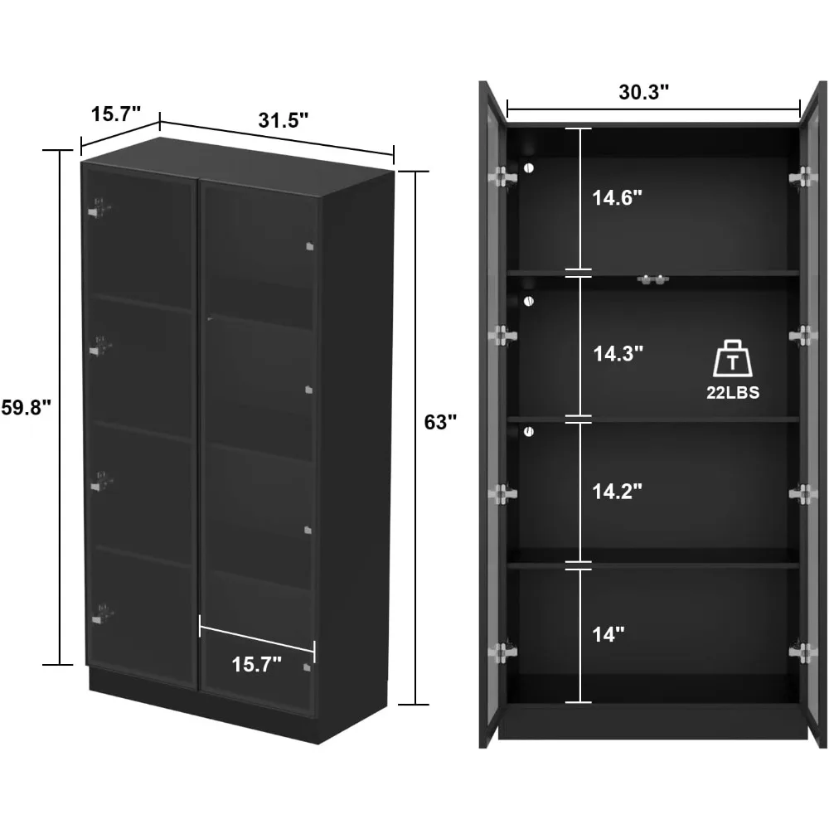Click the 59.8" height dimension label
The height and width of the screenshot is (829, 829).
[25, 408]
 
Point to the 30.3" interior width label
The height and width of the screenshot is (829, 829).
[644, 92]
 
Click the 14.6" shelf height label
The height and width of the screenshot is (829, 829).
[618, 198]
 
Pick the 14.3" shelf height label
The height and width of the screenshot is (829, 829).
[618, 353]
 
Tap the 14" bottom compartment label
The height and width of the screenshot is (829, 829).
[608, 635]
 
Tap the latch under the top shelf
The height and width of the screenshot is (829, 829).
[652, 280]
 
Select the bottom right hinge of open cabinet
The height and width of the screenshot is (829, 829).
[802, 652]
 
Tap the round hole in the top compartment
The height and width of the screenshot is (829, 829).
[529, 168]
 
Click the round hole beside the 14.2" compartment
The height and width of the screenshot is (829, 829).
[528, 431]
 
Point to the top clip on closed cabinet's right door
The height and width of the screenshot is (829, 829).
[309, 245]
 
